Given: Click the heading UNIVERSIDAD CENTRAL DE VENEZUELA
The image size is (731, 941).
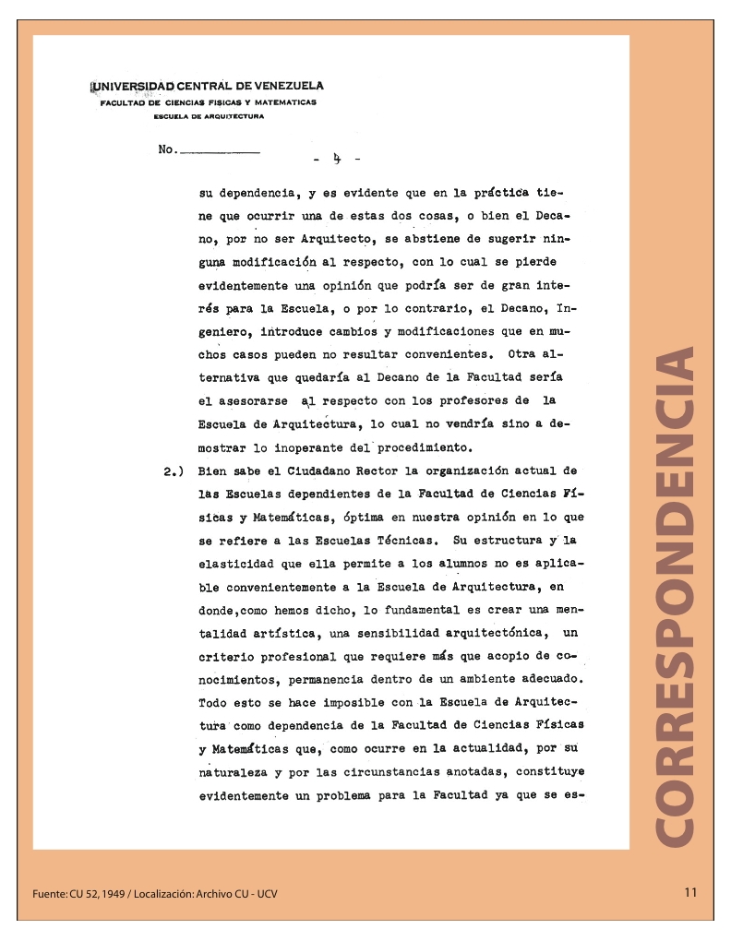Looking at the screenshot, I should (208, 87).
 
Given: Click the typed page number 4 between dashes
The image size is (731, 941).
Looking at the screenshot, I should (337, 160).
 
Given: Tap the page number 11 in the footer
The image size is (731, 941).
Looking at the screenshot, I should (691, 892).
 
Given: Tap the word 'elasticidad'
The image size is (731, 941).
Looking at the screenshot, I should (234, 563).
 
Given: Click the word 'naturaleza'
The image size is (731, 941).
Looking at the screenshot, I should (234, 771).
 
